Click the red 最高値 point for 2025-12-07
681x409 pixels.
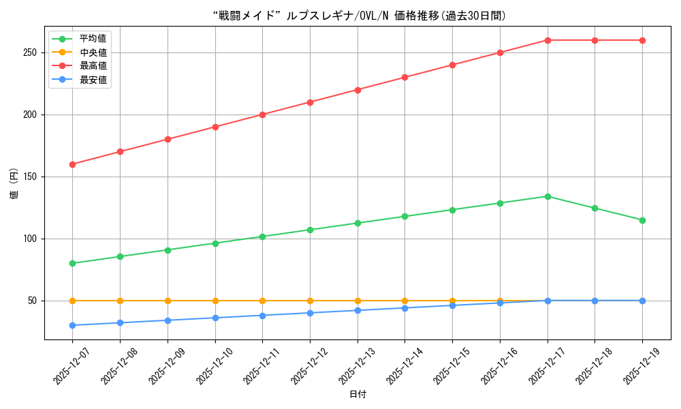coord(73,164)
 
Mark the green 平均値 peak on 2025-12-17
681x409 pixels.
coord(548,196)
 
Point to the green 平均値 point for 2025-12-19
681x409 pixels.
coord(642,220)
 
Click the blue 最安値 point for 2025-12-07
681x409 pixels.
coord(73,325)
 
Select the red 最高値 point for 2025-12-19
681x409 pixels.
coord(642,40)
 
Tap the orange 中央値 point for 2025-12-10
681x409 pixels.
coord(215,301)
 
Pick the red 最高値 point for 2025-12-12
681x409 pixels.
coord(310,102)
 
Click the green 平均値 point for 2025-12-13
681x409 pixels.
coord(358,223)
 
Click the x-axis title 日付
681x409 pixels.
coord(358,395)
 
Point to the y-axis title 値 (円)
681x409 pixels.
coord(14,183)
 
